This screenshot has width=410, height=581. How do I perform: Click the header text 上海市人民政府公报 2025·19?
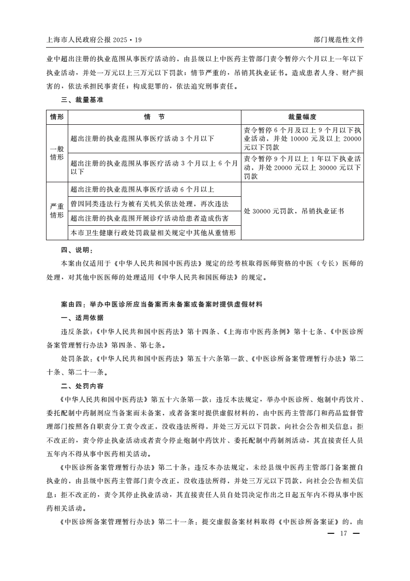coord(94,39)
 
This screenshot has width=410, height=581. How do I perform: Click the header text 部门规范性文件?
coord(338,39)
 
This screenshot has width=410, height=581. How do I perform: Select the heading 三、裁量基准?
coord(82,100)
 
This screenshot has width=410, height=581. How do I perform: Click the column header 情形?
coord(57,117)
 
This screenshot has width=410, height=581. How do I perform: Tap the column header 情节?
coord(155,117)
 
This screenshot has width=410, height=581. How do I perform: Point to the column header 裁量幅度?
coord(302,117)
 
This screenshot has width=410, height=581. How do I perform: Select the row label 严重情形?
coord(57,211)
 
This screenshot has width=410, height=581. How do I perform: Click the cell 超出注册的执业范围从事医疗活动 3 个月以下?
coord(142,139)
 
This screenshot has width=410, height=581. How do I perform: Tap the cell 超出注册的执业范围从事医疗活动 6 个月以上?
coord(142,189)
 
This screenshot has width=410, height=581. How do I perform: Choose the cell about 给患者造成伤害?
coord(150,218)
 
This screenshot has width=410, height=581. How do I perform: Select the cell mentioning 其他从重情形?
coord(153,233)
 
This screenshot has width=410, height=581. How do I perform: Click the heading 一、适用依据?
coord(82,317)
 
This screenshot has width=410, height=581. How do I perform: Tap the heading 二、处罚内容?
coord(82,386)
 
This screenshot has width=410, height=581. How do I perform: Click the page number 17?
coord(342,534)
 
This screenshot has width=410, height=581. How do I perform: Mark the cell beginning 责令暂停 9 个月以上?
coord(302,167)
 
